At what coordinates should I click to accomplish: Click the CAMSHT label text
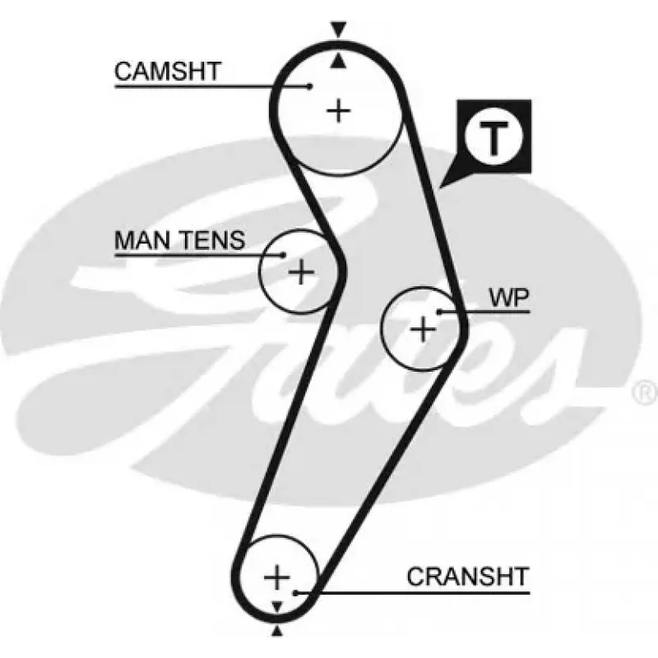click(168, 72)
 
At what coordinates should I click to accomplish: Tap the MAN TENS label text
click(179, 240)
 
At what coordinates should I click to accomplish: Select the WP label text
click(509, 298)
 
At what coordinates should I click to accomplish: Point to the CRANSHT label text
click(468, 577)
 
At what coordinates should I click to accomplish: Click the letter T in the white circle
click(494, 138)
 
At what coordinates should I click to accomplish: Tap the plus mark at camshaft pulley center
click(338, 111)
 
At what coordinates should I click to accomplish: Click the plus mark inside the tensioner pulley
click(301, 272)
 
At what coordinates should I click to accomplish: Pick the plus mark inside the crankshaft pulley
click(276, 577)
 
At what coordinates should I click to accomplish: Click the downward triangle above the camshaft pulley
click(338, 29)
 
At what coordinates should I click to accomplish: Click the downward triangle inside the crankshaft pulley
click(277, 606)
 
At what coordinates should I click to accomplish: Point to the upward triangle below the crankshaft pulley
click(276, 630)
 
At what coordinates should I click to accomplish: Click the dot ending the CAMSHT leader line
click(310, 86)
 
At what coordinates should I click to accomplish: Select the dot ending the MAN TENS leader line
click(284, 255)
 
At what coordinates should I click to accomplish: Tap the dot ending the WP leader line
click(439, 312)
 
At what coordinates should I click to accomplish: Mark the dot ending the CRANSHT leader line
click(296, 593)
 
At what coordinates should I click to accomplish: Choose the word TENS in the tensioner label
click(213, 240)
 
